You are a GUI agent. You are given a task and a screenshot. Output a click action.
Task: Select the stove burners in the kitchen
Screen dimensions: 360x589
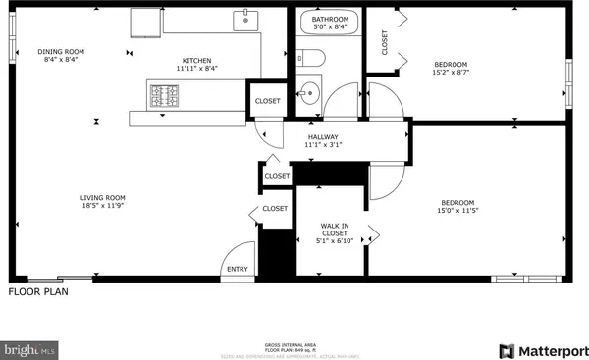pyautogui.click(x=162, y=95)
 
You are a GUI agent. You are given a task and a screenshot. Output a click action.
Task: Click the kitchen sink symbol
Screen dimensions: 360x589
pyautogui.click(x=243, y=20)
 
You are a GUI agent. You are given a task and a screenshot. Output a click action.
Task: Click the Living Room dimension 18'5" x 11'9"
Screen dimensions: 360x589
pyautogui.click(x=103, y=205)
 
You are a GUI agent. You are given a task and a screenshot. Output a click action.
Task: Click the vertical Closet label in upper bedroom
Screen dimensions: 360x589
pyautogui.click(x=385, y=41)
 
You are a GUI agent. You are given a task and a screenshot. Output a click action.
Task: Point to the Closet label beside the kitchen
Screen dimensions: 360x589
pyautogui.click(x=267, y=101)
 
